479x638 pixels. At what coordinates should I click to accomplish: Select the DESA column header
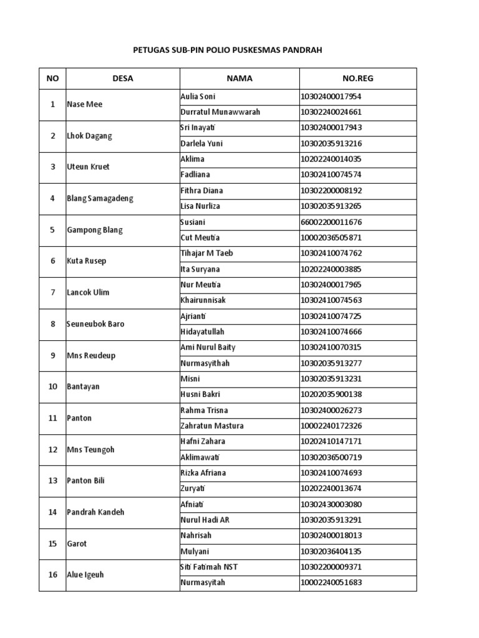[123, 79]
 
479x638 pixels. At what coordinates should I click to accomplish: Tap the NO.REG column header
[358, 79]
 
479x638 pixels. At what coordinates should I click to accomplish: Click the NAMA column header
[239, 79]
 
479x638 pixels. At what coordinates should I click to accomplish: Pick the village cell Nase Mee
[84, 105]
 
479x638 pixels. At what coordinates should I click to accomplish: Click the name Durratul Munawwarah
[220, 112]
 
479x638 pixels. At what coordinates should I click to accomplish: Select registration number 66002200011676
[331, 222]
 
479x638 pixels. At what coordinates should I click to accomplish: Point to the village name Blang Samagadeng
[100, 199]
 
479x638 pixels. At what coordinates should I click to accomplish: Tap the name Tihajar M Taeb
[206, 254]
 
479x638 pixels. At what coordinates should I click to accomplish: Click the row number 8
[52, 324]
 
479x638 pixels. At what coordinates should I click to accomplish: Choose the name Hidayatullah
[202, 332]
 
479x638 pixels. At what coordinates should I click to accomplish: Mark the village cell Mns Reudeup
[91, 356]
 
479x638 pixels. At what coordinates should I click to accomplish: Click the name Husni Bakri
[200, 394]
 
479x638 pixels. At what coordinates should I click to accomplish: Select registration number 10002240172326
[331, 426]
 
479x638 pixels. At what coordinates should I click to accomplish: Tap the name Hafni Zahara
[203, 442]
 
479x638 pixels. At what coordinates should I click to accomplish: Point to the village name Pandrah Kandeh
[95, 512]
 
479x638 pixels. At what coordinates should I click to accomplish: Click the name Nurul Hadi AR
[205, 520]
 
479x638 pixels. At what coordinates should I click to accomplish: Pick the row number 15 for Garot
[52, 544]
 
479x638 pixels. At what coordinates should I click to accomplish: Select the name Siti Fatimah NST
[209, 567]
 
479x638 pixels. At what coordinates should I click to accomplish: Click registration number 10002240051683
[331, 583]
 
